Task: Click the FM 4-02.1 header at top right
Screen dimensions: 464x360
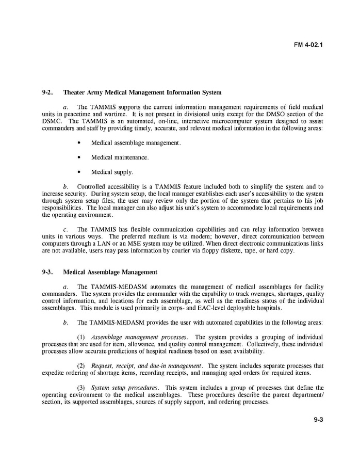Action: (308, 45)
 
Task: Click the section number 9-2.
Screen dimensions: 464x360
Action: (48, 93)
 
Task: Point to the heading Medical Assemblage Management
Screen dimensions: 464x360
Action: (110, 272)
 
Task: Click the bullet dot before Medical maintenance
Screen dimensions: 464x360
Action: (78, 157)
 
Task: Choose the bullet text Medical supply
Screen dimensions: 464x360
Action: (112, 172)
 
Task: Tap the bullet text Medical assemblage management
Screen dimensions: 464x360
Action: (136, 142)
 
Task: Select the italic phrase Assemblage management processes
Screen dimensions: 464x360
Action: (139, 337)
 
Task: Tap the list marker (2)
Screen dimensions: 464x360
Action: (81, 366)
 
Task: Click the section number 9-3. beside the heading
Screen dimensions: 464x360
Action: (48, 272)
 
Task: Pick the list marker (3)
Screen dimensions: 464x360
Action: (81, 388)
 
